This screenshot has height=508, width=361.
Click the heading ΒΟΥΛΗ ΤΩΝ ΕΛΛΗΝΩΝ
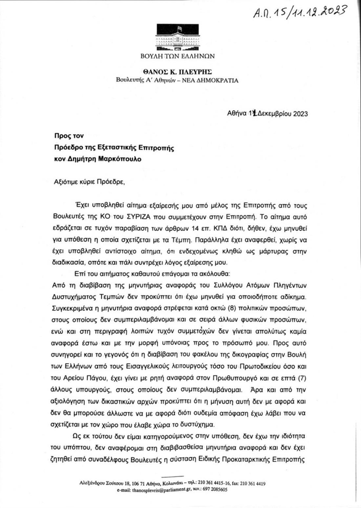[177, 56]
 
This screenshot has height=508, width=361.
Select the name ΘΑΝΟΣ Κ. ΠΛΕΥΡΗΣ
[177, 72]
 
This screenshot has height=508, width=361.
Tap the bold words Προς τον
[69, 136]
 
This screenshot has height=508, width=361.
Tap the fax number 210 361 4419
[253, 483]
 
